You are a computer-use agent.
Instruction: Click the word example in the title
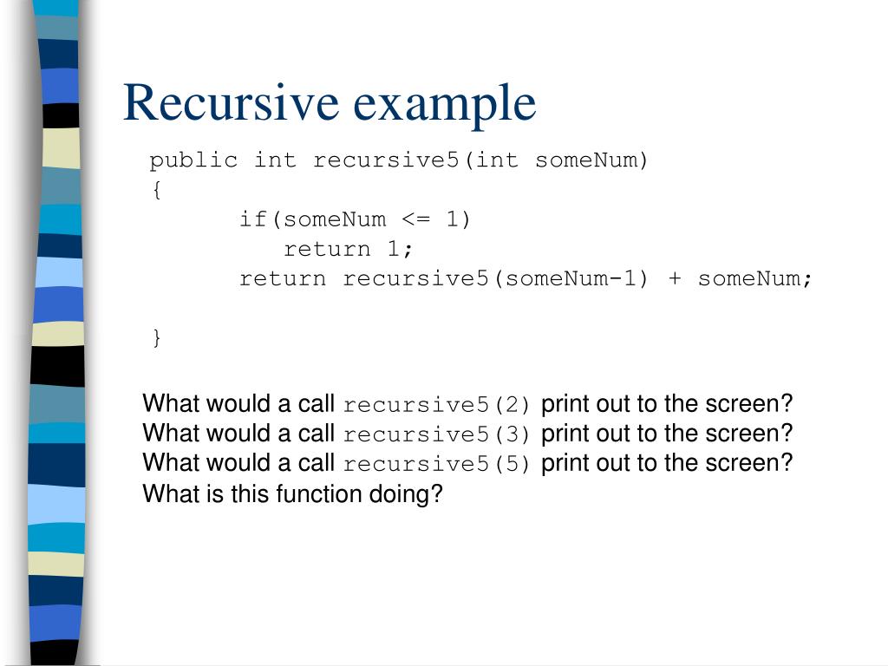tap(445, 104)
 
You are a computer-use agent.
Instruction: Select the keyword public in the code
tap(193, 160)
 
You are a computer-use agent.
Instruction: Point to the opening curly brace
tap(155, 191)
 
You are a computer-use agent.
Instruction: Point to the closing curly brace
tap(156, 338)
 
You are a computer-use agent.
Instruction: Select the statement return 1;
tap(349, 250)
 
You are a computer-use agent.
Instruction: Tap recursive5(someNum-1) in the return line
tap(495, 279)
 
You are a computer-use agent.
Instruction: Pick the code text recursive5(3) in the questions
tap(436, 434)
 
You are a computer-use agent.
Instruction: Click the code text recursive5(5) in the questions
tap(436, 465)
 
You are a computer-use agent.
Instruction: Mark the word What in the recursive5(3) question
tap(170, 433)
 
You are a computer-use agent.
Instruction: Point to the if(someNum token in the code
tap(312, 219)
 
